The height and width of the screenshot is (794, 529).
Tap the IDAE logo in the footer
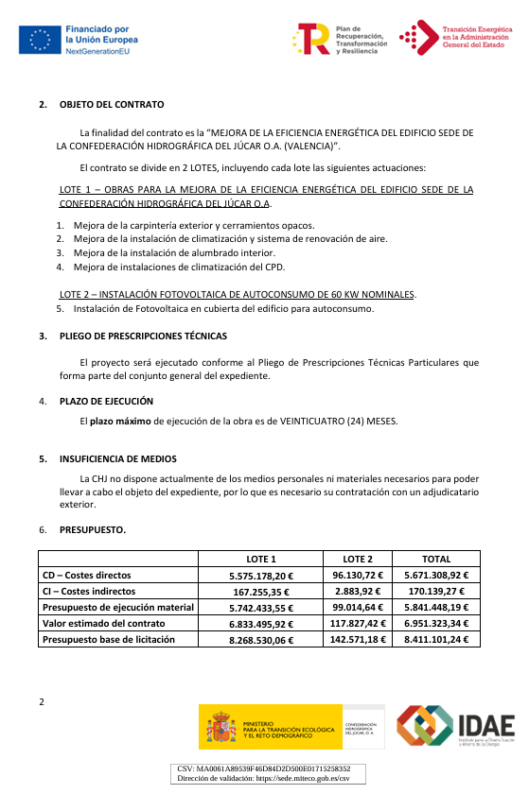(x=455, y=727)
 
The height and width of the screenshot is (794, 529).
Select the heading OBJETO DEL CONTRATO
(x=112, y=104)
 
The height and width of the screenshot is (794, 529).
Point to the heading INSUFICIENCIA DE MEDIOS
(x=117, y=458)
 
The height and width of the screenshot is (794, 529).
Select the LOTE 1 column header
(x=261, y=559)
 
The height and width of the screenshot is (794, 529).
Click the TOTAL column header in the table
(x=436, y=559)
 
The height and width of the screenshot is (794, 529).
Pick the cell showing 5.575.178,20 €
(x=261, y=575)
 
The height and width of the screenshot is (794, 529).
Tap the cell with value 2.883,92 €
(x=357, y=591)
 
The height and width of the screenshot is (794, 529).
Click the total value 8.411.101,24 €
(x=436, y=639)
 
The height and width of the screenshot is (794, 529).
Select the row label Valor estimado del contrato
(x=104, y=623)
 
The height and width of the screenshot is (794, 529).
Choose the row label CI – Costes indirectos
(x=93, y=591)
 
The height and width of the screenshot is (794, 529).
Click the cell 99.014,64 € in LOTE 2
(x=357, y=607)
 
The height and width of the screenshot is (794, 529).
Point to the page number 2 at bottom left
(x=42, y=701)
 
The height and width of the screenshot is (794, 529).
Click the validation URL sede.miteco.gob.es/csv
(x=299, y=778)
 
